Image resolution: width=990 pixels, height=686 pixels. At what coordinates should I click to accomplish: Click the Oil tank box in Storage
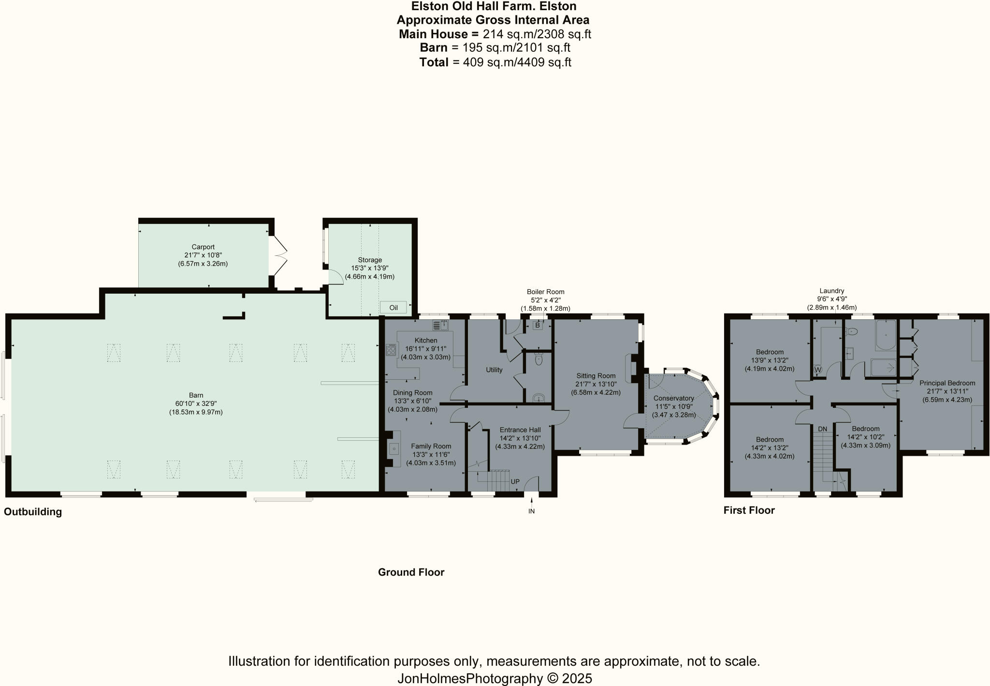point(393,308)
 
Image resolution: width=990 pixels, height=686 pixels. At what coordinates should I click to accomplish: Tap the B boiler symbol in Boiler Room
point(537,326)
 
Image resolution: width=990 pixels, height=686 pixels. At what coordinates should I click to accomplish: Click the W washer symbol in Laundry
point(818,370)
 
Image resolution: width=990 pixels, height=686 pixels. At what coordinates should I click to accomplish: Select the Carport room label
point(203,247)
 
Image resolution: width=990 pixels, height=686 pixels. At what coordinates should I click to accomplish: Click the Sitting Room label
point(596,375)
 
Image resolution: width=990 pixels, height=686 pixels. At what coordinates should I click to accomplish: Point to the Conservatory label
point(673,398)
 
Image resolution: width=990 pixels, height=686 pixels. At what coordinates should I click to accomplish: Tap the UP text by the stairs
point(515,482)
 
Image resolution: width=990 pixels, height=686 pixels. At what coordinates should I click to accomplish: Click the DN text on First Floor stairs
point(822,429)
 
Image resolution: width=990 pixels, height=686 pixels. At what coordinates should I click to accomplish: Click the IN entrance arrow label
point(531,511)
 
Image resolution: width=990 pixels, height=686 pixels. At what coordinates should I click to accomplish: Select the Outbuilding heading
point(33,512)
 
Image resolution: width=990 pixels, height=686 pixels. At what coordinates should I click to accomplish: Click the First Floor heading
point(749,510)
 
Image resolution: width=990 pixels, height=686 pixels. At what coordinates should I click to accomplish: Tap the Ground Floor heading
point(411,572)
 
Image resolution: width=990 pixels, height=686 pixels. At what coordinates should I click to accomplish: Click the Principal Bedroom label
point(947,383)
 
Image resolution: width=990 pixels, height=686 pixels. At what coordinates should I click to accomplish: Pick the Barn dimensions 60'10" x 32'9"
point(196,403)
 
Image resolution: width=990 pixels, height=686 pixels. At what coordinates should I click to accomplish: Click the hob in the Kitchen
point(391,350)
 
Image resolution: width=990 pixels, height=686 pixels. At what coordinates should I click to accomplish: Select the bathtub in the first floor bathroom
point(885,335)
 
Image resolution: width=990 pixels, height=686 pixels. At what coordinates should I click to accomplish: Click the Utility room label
point(494,370)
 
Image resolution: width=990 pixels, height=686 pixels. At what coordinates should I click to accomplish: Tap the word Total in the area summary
point(434,62)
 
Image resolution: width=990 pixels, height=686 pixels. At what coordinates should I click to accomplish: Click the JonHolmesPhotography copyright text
point(495,678)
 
